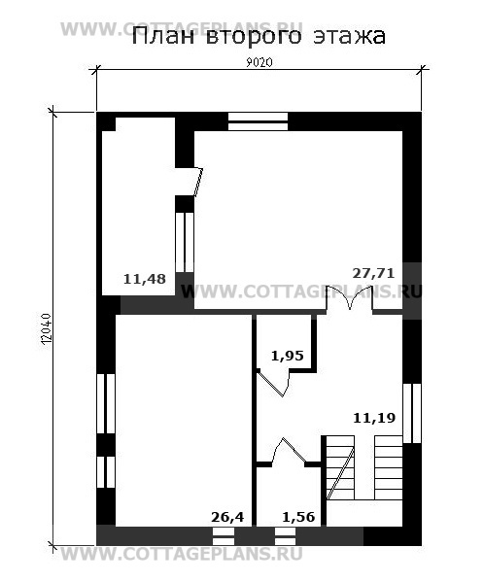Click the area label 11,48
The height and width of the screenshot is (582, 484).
pyautogui.click(x=145, y=279)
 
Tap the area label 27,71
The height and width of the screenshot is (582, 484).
pyautogui.click(x=373, y=273)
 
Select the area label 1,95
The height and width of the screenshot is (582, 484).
pyautogui.click(x=288, y=356)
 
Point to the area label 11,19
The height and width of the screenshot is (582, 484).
pyautogui.click(x=374, y=418)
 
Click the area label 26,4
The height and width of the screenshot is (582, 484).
pyautogui.click(x=227, y=517)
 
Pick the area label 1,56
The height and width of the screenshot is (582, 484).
pyautogui.click(x=298, y=517)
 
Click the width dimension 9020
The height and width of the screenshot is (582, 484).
pyautogui.click(x=259, y=62)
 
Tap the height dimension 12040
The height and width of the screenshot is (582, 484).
pyautogui.click(x=46, y=329)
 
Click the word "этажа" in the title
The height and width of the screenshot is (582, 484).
pyautogui.click(x=349, y=37)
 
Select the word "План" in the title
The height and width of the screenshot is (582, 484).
pyautogui.click(x=163, y=37)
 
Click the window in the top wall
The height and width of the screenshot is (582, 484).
pyautogui.click(x=258, y=121)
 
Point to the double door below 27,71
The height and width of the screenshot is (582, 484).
pyautogui.click(x=350, y=297)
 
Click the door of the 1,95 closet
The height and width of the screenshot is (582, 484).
pyautogui.click(x=273, y=383)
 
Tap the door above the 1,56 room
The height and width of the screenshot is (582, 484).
pyautogui.click(x=290, y=451)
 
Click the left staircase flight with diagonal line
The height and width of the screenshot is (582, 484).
pyautogui.click(x=340, y=467)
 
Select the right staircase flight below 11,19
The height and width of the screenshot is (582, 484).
pyautogui.click(x=389, y=467)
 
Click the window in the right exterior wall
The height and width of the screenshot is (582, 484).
pyautogui.click(x=412, y=414)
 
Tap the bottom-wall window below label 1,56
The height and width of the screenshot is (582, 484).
pyautogui.click(x=285, y=536)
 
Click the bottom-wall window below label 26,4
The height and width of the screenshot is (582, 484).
pyautogui.click(x=224, y=536)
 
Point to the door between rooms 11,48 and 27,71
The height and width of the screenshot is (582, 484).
pyautogui.click(x=198, y=182)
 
